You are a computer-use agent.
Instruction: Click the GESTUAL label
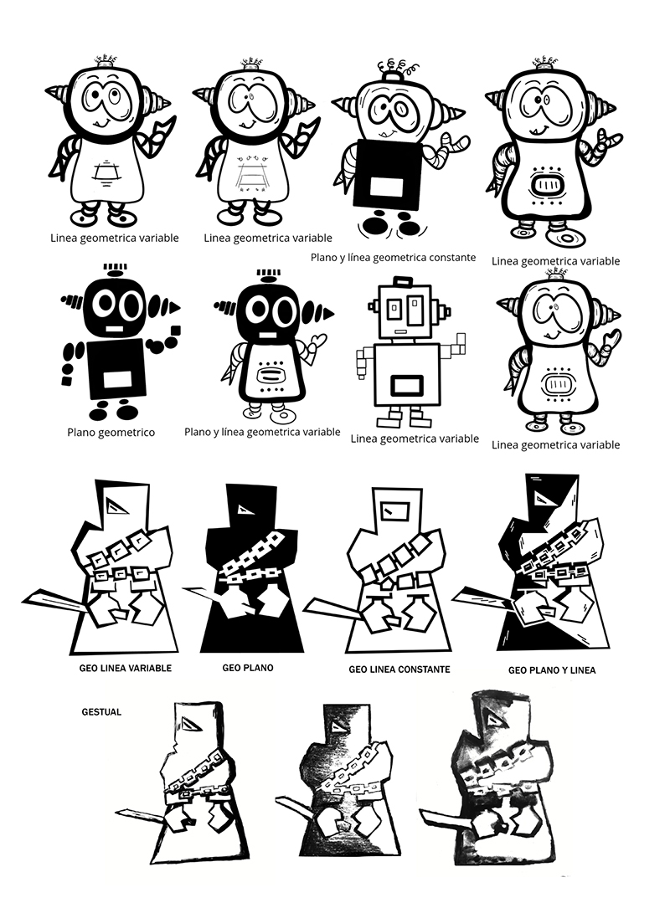[101, 711]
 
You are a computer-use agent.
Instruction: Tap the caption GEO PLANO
[248, 668]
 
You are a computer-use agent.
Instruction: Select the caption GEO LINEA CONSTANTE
[399, 669]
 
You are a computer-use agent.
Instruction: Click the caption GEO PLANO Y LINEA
[552, 670]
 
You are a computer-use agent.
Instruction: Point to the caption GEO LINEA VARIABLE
[125, 669]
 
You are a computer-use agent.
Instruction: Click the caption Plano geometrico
[111, 433]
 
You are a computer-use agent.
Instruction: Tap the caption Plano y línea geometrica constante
[393, 258]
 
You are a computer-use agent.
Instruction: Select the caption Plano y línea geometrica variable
[262, 432]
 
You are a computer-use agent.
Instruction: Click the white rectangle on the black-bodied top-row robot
[386, 187]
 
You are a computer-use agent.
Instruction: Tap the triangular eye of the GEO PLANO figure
[244, 509]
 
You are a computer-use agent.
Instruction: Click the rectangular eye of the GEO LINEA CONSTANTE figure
[394, 510]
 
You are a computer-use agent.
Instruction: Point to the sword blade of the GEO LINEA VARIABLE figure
[55, 600]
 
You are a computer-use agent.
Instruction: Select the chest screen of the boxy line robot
[406, 385]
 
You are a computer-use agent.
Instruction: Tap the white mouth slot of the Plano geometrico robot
[114, 329]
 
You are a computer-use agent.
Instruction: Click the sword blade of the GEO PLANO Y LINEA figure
[482, 599]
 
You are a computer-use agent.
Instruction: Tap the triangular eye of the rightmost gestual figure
[494, 721]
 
